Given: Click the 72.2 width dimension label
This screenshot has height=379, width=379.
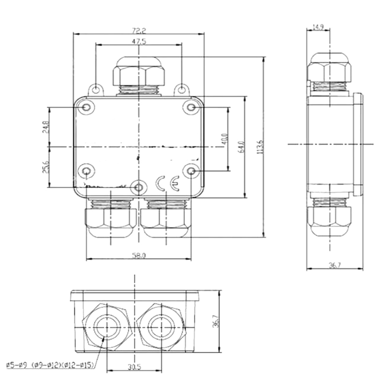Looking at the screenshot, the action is pyautogui.click(x=139, y=31).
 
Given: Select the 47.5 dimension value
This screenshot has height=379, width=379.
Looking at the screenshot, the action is pyautogui.click(x=139, y=41).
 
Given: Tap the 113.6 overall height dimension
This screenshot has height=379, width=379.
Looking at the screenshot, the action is pyautogui.click(x=260, y=147).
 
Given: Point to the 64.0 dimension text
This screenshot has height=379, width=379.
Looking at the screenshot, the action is pyautogui.click(x=242, y=147).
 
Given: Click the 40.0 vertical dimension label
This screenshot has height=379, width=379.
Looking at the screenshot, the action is pyautogui.click(x=225, y=139).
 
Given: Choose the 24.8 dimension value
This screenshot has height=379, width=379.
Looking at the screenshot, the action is pyautogui.click(x=46, y=127).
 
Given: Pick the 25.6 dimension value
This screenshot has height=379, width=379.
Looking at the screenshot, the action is pyautogui.click(x=46, y=167).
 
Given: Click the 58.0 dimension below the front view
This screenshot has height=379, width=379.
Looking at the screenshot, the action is pyautogui.click(x=139, y=255).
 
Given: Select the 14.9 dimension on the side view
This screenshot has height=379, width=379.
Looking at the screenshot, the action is pyautogui.click(x=318, y=27).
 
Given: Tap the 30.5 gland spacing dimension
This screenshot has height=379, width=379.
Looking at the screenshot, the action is pyautogui.click(x=135, y=367).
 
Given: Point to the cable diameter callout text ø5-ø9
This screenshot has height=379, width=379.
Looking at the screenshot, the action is pyautogui.click(x=18, y=365).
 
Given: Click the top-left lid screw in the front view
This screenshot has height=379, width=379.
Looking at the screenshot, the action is pyautogui.click(x=86, y=107).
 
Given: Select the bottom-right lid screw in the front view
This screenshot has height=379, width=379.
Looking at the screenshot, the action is pyautogui.click(x=191, y=171).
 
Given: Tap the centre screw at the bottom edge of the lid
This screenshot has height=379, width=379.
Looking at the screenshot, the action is pyautogui.click(x=138, y=187).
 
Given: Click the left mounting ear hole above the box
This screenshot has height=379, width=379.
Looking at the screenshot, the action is pyautogui.click(x=96, y=90).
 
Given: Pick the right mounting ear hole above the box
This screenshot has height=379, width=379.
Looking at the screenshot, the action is pyautogui.click(x=182, y=90).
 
